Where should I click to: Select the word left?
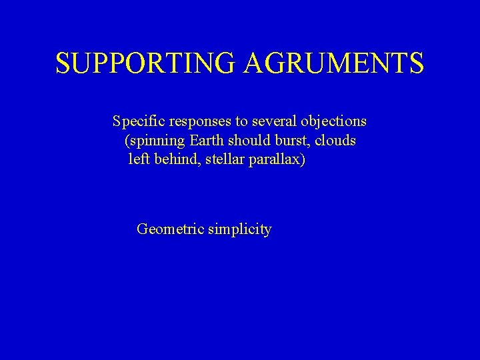[x=137, y=160]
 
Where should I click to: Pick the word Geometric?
[x=169, y=230]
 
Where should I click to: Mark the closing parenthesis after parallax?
[x=303, y=161]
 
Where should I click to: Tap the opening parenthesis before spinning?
[x=127, y=141]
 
